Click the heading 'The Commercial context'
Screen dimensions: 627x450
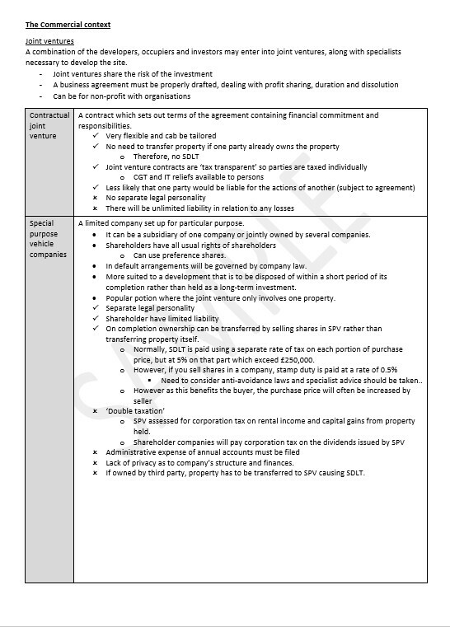[x=68, y=26]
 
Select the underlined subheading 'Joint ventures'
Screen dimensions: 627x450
[x=49, y=41]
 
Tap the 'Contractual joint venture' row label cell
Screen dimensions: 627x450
[x=49, y=126]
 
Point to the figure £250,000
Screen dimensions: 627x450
[x=296, y=359]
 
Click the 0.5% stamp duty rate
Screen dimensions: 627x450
[x=388, y=370]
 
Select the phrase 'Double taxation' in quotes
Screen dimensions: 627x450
[x=135, y=410]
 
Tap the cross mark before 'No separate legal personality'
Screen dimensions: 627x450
[x=96, y=198]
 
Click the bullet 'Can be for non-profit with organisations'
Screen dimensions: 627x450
[x=121, y=96]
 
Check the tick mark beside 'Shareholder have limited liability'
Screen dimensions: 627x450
[x=96, y=318]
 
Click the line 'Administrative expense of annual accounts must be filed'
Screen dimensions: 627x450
[x=202, y=452]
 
